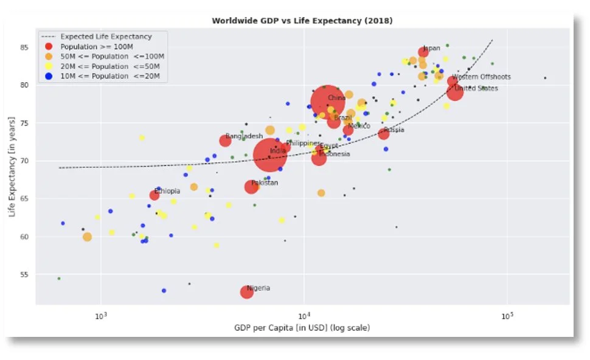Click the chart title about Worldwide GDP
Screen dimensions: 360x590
click(x=302, y=21)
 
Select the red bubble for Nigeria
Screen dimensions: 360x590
click(x=246, y=292)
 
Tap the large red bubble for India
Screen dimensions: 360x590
click(x=269, y=156)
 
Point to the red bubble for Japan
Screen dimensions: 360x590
click(x=423, y=52)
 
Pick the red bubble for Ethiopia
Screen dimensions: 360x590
click(x=154, y=195)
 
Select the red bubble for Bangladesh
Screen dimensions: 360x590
click(x=225, y=140)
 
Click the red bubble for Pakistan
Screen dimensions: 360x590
click(x=251, y=187)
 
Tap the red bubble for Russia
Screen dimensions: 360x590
click(x=384, y=134)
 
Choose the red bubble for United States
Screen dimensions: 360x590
click(x=455, y=92)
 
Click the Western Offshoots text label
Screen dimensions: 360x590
click(x=481, y=77)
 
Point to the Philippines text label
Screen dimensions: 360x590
click(x=303, y=144)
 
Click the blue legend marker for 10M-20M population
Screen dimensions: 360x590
click(x=49, y=76)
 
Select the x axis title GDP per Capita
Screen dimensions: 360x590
click(x=302, y=328)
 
